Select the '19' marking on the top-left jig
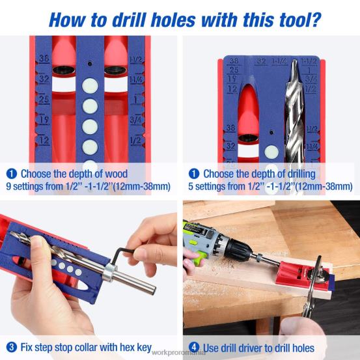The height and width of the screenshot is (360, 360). point(45,120)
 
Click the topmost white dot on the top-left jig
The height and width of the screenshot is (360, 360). point(90,84)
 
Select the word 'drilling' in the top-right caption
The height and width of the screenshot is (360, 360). point(294,174)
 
